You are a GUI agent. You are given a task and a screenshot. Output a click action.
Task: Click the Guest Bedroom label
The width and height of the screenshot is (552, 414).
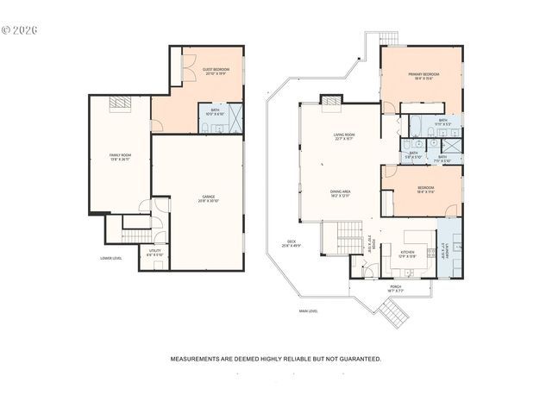click(x=216, y=71)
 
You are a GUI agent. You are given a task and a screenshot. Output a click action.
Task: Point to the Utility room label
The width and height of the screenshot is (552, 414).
click(x=154, y=254)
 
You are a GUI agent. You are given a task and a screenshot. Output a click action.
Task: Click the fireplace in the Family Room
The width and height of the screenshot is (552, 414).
click(x=120, y=103)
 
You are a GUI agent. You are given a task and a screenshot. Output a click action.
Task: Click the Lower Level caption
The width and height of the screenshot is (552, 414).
click(x=110, y=258)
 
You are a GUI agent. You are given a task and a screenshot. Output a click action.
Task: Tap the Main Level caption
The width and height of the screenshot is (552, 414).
click(x=309, y=310)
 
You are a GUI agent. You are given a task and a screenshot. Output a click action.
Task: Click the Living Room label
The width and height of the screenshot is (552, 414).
click(x=345, y=137)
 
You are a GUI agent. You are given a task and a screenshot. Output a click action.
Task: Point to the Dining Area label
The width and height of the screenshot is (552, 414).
click(x=341, y=194)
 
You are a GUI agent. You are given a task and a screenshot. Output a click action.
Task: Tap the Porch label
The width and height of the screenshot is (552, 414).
click(x=395, y=288)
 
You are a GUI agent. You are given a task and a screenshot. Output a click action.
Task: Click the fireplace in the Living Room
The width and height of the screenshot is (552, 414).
click(x=331, y=100)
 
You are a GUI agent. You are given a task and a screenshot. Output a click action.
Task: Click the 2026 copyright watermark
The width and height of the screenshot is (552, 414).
click(x=21, y=29)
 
